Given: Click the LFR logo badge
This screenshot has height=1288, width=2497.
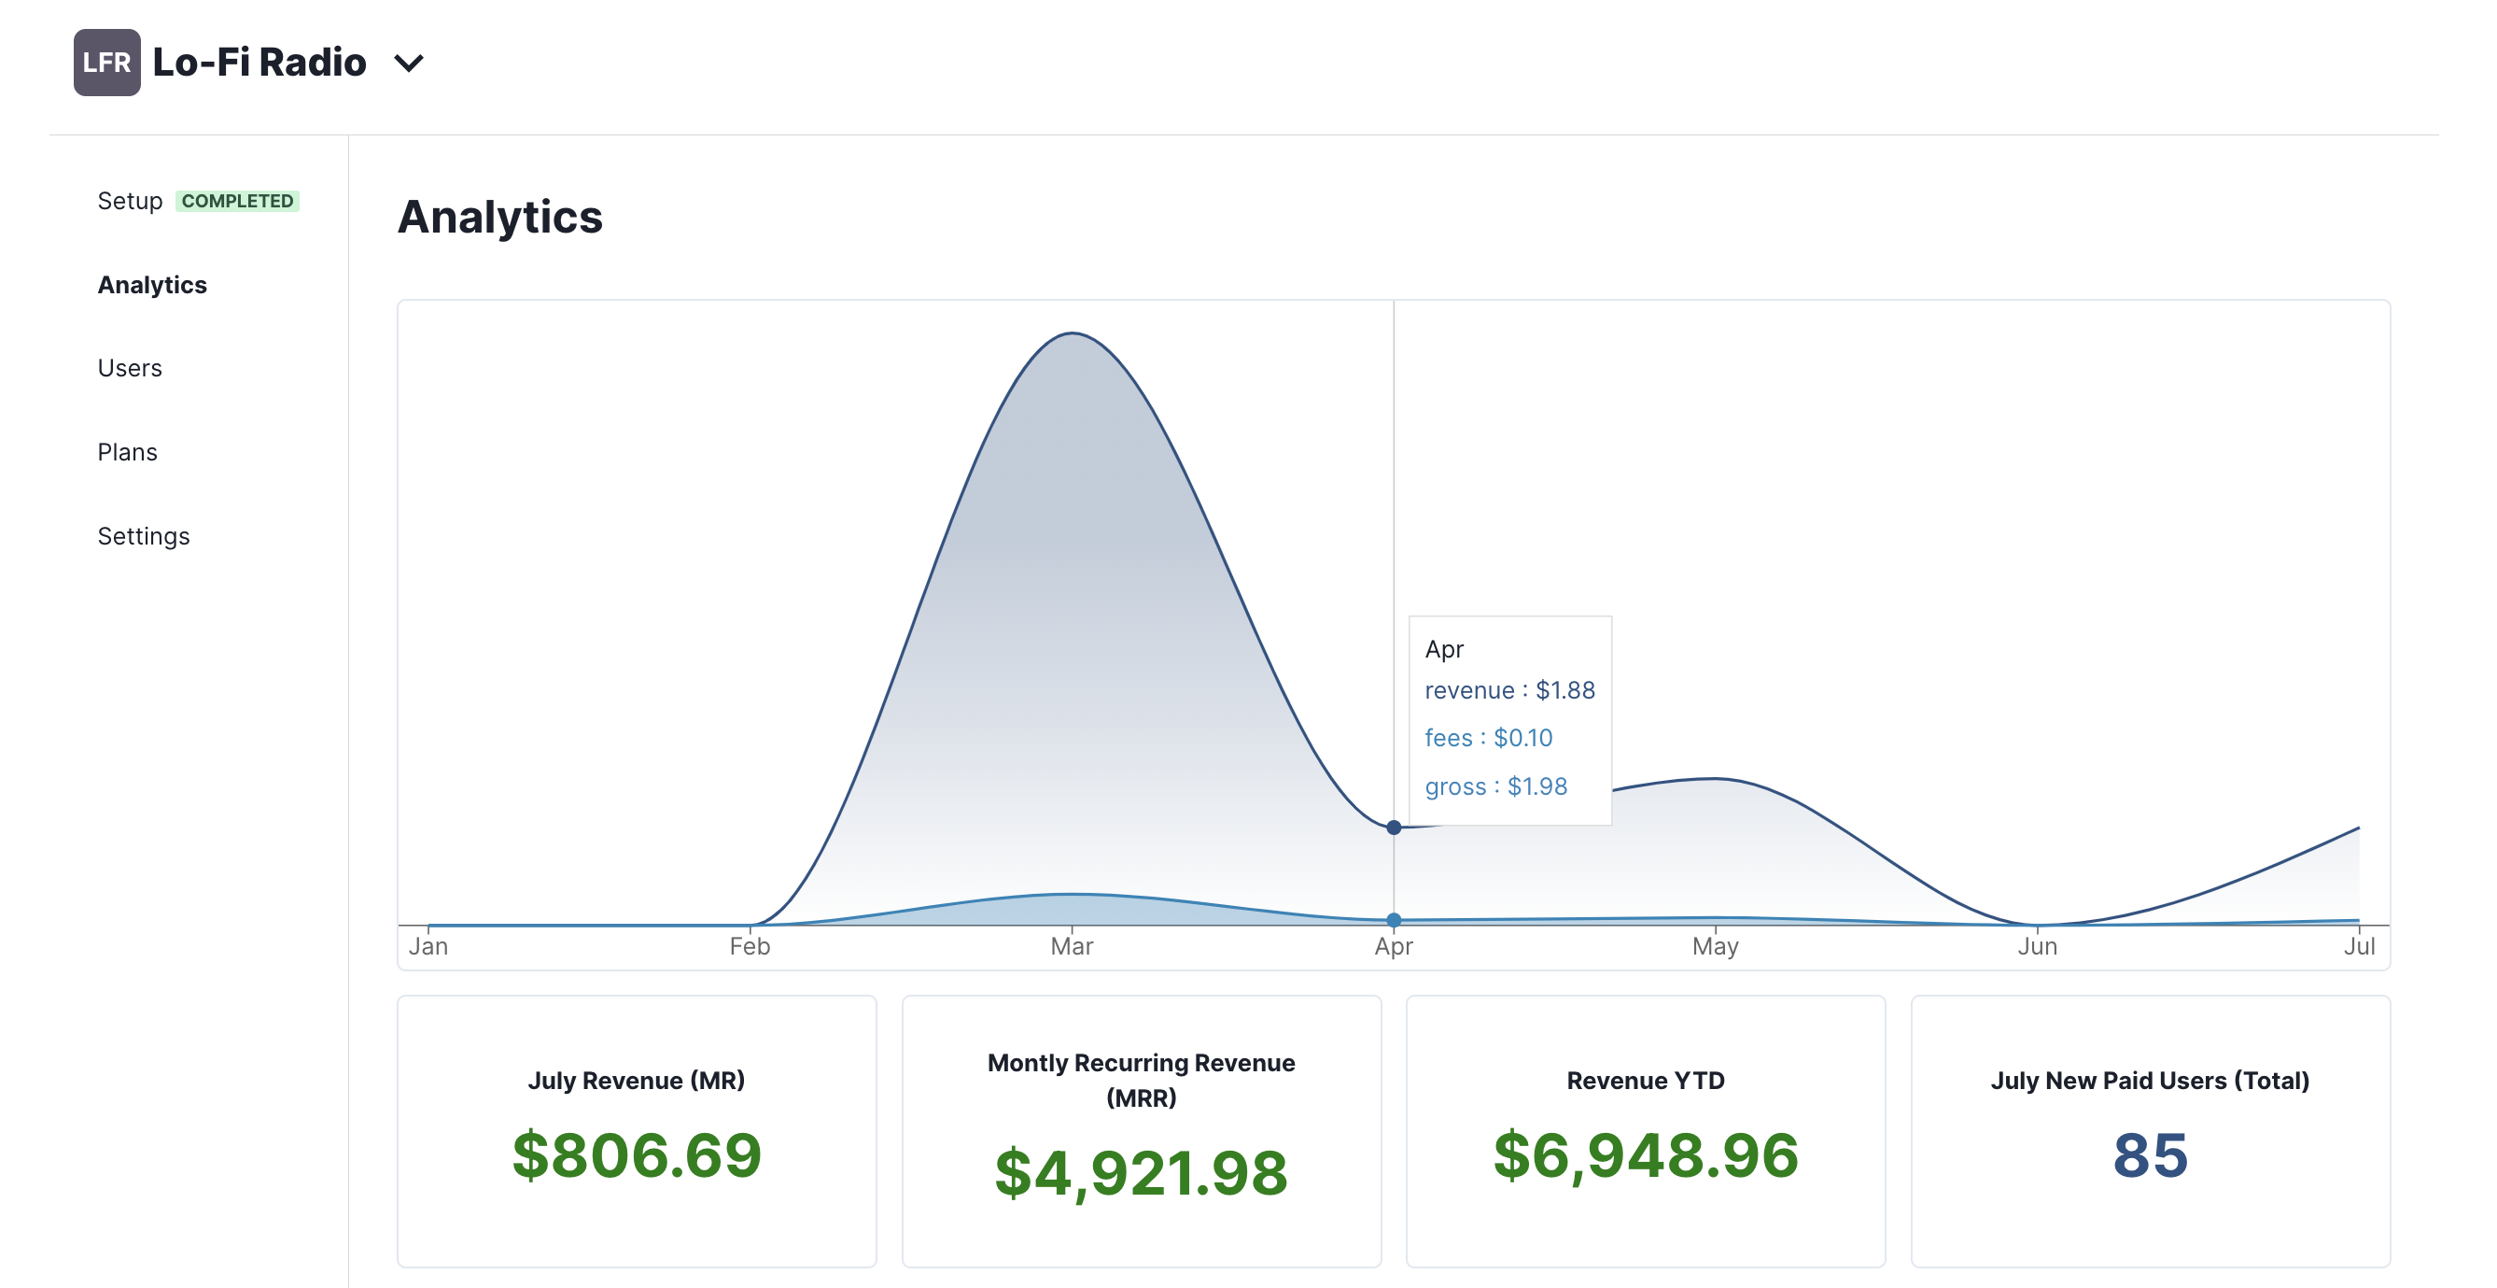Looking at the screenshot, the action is [x=106, y=63].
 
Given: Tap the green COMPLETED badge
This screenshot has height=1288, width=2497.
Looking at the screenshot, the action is [x=237, y=201].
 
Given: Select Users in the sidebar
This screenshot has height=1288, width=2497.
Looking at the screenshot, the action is [x=130, y=369].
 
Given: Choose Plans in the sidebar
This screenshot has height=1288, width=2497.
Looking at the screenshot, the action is [x=127, y=452].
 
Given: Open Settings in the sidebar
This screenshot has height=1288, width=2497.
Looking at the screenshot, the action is [x=144, y=536].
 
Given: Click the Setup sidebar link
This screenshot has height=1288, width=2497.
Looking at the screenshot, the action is [x=130, y=201].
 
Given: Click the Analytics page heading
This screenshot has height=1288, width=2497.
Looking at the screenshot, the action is [x=500, y=217].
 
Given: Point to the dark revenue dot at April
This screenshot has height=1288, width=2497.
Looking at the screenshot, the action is [x=1394, y=828].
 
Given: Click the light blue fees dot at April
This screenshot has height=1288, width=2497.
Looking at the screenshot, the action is [x=1394, y=919].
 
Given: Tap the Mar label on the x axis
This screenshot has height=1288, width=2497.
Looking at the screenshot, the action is [x=1073, y=946].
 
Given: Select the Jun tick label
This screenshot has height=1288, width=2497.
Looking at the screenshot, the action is [x=2038, y=946].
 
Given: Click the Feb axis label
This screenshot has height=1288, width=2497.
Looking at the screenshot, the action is [x=751, y=946].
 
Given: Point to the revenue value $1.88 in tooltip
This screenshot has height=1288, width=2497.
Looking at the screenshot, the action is [x=1565, y=689].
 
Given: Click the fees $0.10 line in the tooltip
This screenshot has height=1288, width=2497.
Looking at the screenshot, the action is [x=1489, y=738].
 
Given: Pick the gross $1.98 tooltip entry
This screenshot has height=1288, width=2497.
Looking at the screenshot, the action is [x=1495, y=786].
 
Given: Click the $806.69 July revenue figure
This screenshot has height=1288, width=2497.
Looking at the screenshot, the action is [x=637, y=1155].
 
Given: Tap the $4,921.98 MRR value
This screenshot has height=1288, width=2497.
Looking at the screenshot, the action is [x=1141, y=1172].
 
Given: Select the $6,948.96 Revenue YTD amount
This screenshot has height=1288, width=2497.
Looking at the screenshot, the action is [x=1646, y=1155].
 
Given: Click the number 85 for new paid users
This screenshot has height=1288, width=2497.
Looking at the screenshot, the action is [x=2150, y=1155].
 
